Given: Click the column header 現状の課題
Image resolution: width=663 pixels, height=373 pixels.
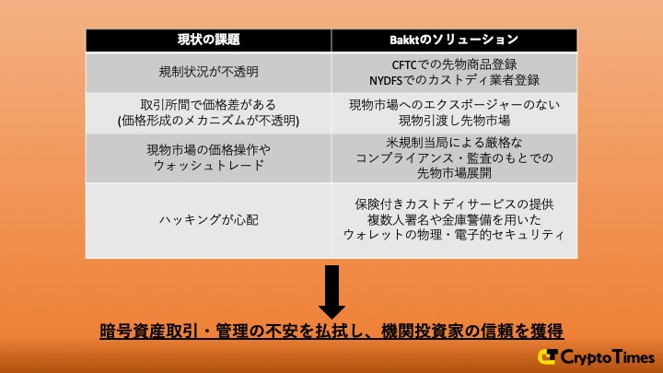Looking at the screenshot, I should [208, 40].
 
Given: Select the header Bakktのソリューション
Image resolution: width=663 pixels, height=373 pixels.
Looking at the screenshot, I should [454, 40].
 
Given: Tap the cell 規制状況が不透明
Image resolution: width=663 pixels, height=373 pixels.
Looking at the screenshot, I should [208, 72].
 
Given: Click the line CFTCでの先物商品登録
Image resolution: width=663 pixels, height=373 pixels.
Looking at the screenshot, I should [454, 64].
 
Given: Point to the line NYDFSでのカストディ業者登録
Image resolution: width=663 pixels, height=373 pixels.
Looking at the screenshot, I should [454, 80].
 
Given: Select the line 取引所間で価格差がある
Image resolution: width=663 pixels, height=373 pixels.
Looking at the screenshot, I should [208, 105].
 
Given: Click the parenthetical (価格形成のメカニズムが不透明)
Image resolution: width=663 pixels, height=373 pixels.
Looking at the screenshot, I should [208, 121].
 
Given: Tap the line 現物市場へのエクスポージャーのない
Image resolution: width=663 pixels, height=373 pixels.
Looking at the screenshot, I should [454, 105].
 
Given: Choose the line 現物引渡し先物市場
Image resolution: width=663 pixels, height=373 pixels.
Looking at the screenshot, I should [454, 121].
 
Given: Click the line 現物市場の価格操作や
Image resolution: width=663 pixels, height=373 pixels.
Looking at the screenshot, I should [208, 149].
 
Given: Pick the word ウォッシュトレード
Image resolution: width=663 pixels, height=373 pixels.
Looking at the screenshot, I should [208, 165].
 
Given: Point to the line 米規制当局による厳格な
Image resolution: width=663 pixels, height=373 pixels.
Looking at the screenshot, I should [454, 142].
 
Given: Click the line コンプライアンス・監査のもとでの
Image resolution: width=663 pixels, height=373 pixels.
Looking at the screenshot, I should [454, 157].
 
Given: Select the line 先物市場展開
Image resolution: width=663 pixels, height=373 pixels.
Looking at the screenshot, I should [454, 172].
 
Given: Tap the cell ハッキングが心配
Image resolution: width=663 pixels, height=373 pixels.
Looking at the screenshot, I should [208, 220].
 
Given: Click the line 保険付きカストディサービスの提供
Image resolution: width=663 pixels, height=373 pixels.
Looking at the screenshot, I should [454, 204].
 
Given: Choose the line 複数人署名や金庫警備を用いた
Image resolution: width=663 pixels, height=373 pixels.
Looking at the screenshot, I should [454, 219].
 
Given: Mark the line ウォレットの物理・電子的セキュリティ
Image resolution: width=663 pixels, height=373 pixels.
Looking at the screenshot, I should [454, 235].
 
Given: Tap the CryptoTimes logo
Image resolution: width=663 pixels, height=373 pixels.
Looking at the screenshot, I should [597, 356].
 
